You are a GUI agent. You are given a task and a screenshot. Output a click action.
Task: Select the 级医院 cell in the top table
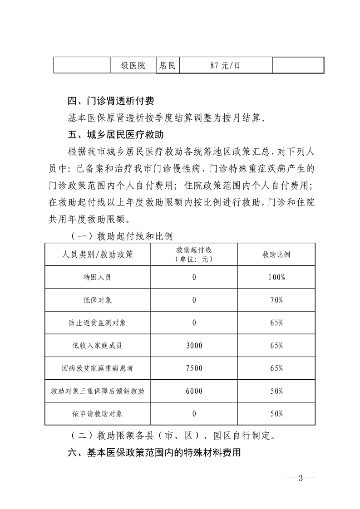133,65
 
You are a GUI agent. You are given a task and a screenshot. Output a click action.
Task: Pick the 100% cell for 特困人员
276,277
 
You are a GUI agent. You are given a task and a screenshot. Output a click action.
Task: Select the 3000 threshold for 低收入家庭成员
194,345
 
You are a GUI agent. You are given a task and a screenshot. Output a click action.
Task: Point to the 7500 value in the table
194,368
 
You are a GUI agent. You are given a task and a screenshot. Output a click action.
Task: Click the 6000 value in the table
194,391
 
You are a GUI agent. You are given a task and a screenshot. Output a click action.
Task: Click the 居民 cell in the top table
167,65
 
